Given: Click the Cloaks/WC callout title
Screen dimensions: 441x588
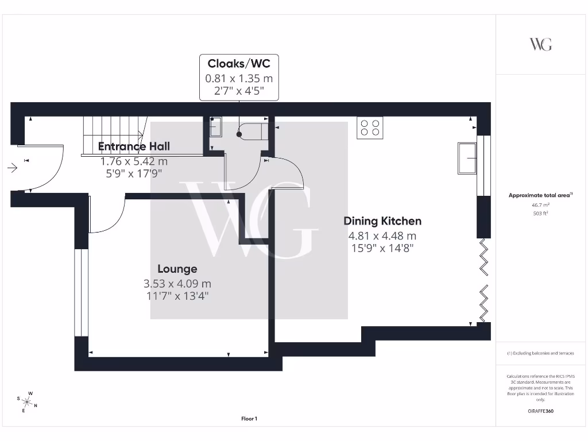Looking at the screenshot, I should (238, 64).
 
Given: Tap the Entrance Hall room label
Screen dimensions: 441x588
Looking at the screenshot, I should (134, 146).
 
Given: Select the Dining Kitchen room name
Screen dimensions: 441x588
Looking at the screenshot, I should (382, 221).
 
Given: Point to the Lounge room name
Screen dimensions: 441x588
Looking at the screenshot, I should (177, 269).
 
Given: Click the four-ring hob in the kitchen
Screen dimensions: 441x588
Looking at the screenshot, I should (370, 127).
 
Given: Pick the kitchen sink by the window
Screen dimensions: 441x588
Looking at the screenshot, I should (467, 158).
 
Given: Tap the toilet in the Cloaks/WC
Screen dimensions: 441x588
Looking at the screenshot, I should (252, 131).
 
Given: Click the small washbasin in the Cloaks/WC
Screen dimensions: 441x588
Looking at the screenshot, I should (216, 127).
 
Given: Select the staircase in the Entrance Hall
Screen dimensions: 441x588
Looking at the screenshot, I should (113, 135).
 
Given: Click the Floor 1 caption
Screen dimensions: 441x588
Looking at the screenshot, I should (249, 419).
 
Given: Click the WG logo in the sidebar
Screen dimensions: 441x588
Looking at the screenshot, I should (540, 44).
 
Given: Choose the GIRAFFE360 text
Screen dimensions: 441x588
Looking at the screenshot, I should (540, 411).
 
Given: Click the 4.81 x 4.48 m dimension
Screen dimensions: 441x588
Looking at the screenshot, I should (382, 236).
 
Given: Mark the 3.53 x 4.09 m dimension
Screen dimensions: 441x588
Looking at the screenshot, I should (177, 284).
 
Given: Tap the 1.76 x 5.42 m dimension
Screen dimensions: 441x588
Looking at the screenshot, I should (134, 161).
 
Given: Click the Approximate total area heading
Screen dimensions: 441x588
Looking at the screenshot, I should (540, 195).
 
